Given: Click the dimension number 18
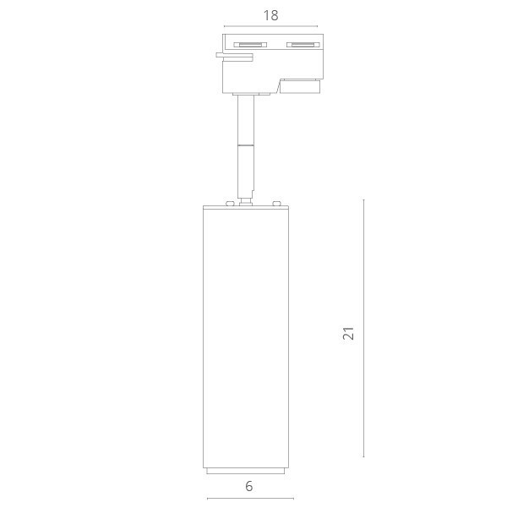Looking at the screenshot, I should click(270, 15).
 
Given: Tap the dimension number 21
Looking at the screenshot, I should click(348, 332).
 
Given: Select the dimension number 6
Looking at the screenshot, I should click(249, 486).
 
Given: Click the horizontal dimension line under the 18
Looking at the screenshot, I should click(270, 26).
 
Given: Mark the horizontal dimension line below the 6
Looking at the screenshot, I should click(250, 499).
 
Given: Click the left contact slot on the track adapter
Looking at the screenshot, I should click(250, 44).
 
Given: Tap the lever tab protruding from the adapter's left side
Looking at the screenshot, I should click(233, 57).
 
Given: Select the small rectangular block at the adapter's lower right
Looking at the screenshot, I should click(300, 85).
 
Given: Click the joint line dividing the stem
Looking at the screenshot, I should click(246, 145).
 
